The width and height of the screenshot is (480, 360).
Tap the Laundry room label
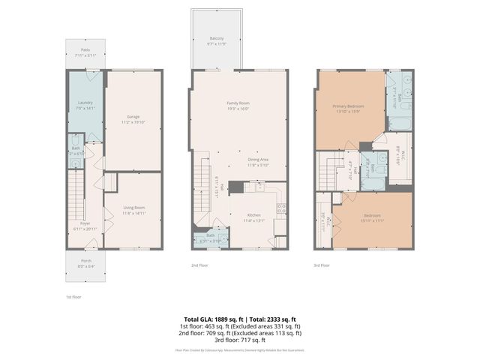(x=84, y=102)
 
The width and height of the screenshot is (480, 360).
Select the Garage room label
(x=133, y=116)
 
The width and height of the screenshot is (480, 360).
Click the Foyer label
(x=85, y=223)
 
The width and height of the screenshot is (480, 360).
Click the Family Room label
(x=238, y=103)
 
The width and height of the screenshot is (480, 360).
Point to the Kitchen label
(x=254, y=215)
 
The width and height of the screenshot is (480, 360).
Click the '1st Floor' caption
(x=72, y=298)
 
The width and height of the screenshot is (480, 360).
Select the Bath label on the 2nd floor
(x=210, y=236)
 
